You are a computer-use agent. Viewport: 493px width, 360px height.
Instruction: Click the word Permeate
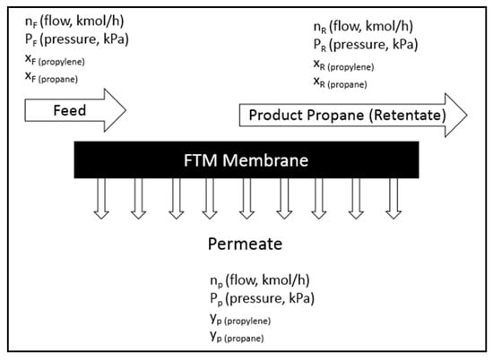pos(246,243)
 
